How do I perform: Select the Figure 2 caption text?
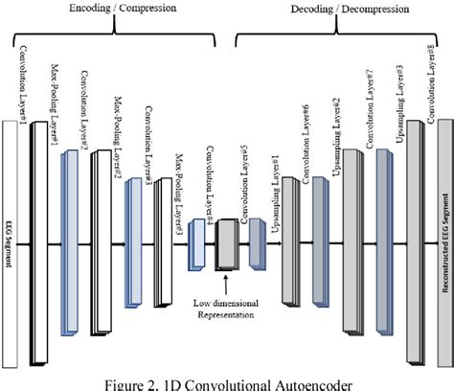pyautogui.click(x=227, y=381)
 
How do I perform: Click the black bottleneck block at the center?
pyautogui.click(x=227, y=244)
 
